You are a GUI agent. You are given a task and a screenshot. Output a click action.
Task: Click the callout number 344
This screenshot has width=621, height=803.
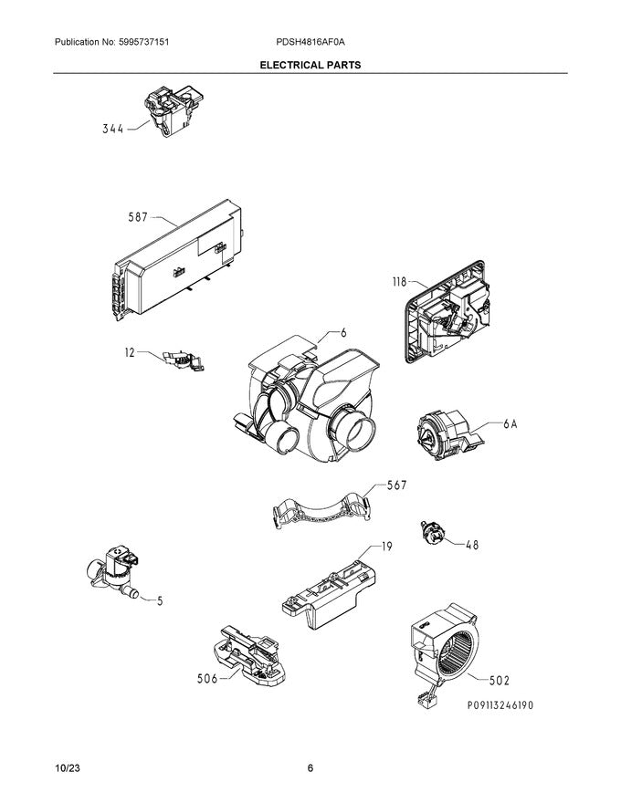pos(113,130)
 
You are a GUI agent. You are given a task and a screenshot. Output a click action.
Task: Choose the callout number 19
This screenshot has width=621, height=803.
pos(387,547)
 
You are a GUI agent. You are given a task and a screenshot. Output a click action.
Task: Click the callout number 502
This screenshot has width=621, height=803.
pos(499,680)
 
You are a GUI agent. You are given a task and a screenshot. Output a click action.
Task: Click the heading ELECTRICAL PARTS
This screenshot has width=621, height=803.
pos(310,66)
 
